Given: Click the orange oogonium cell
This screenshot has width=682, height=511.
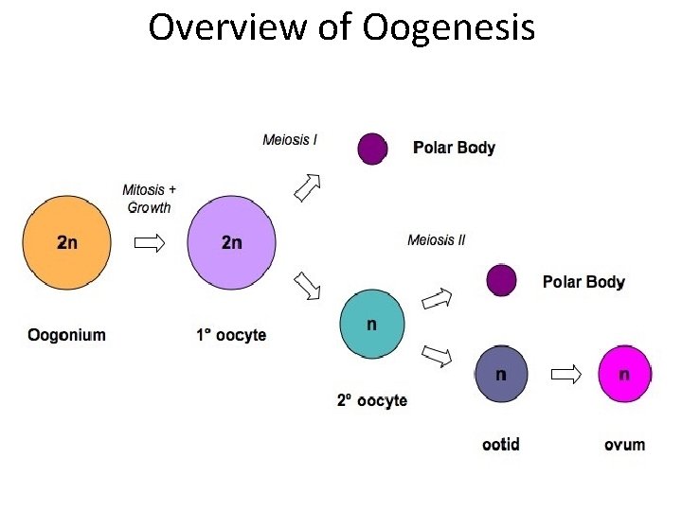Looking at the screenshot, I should coord(67,242).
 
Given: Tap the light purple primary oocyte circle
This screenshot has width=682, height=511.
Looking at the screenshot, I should coord(232,242).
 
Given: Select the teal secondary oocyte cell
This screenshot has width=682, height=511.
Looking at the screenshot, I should coord(372,324).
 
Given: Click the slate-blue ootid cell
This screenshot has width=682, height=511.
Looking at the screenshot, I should coord(502,374).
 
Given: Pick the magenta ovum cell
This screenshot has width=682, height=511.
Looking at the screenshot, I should coord(625,374).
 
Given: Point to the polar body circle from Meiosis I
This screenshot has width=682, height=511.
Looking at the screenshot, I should coord(372,149).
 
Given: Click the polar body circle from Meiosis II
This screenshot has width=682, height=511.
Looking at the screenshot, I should coord(501,280).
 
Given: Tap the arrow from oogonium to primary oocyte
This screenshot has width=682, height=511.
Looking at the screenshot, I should coord(149,243).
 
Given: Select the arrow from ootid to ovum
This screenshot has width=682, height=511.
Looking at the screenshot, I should coord(565,375).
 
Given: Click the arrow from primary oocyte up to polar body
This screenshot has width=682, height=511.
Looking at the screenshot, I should coord(307,187).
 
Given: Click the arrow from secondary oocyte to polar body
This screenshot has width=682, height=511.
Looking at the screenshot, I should coord(437,300).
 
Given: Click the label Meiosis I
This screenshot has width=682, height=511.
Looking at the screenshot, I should coord(290,140).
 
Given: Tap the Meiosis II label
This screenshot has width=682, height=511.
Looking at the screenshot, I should coord(437,240).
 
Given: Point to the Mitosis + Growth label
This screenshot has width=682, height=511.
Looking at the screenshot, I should coord(149,199).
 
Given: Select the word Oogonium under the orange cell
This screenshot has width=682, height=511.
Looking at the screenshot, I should coord(67,334).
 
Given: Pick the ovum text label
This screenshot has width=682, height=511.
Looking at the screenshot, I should coord(625,444).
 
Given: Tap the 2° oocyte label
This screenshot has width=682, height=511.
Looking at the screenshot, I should coord(372,400).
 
